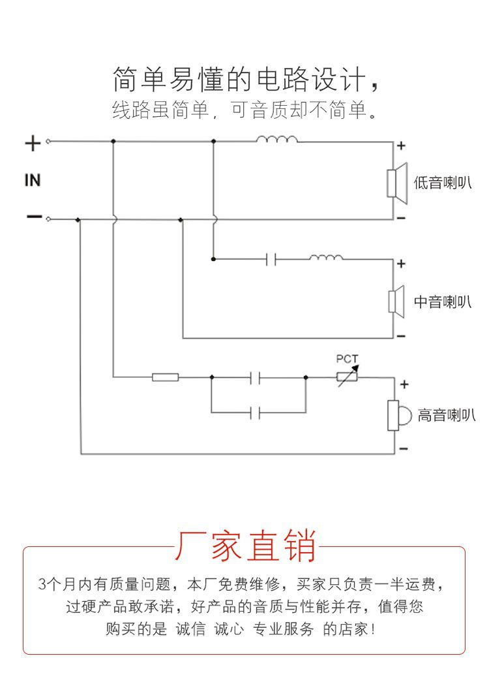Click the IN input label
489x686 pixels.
[x=33, y=180]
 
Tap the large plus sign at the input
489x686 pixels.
[x=33, y=143]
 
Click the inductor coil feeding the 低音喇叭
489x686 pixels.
[x=277, y=140]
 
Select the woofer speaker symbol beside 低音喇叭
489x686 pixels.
[x=396, y=182]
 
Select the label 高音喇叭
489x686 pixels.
[x=446, y=415]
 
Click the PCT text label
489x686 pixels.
[x=347, y=359]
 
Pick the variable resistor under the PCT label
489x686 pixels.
[x=346, y=377]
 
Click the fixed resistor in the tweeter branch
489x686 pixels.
[x=166, y=377]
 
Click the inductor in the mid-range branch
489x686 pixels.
[x=326, y=258]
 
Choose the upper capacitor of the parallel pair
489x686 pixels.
[x=256, y=377]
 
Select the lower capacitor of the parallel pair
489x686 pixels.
[x=256, y=413]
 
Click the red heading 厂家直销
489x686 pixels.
[x=244, y=546]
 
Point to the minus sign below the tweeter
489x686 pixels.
[x=403, y=449]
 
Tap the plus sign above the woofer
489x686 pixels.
[x=402, y=146]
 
